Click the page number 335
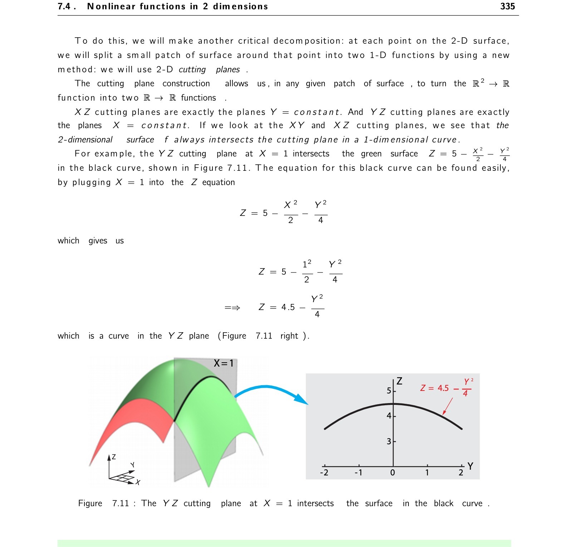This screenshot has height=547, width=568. pos(507,6)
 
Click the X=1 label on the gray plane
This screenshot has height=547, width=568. pos(224,363)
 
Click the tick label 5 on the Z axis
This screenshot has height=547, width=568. pos(389,391)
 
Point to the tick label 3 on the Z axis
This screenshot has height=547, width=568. pos(389,441)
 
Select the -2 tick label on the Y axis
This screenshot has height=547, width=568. pos(324,473)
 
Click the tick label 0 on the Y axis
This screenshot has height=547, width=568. pos(392,473)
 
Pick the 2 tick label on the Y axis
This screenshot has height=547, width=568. pos(461,473)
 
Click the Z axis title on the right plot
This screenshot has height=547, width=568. pos(400,381)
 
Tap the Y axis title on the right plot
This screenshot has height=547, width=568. pos(470,466)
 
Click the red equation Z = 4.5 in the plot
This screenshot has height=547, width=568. pos(435,388)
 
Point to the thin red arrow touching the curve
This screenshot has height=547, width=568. pos(448,406)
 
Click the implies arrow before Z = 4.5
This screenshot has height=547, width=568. pos(232,308)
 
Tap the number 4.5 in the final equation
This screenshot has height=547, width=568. pos(288,307)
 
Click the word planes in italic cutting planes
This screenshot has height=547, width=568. pos(228,69)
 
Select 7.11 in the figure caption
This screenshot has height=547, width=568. pos(121,503)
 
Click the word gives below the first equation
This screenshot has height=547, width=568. pos(98,241)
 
